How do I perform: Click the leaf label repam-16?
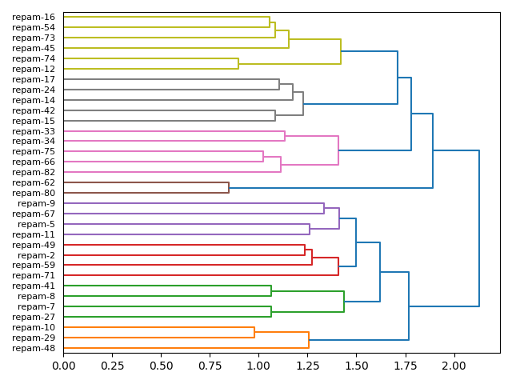coord(34,17)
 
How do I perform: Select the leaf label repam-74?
coord(34,58)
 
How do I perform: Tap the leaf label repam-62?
coord(34,182)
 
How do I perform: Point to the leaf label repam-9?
coord(36,203)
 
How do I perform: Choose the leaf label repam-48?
coord(34,348)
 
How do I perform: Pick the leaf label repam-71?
coord(34,275)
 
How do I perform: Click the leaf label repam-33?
coord(34,131)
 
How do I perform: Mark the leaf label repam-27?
coord(34,317)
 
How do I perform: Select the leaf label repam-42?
coord(34,110)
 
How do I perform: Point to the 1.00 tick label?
coord(258,366)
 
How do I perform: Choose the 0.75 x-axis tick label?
coord(210,366)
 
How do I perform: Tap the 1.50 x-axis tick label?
coord(357,366)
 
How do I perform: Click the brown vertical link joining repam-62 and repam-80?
coord(229,188)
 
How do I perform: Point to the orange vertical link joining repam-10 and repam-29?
coord(254,333)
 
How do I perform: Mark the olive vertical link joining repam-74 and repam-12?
coord(238,64)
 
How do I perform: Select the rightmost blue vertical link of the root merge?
coord(479,228)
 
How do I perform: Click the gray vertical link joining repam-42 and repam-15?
coord(275,116)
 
